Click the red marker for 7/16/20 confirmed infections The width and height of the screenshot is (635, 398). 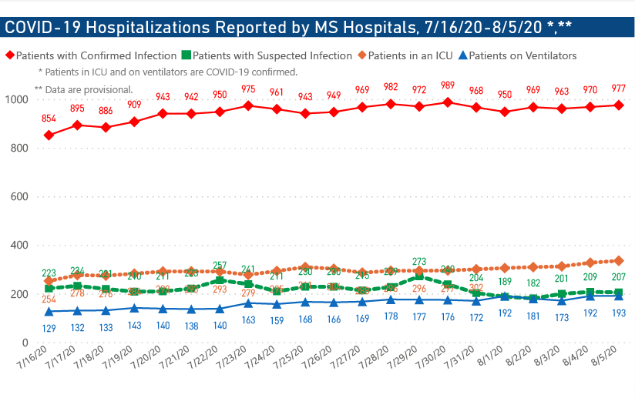tap(49, 135)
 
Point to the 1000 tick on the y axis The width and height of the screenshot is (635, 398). tap(15, 99)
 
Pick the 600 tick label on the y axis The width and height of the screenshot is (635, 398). tap(18, 196)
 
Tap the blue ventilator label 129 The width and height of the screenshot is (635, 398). tap(49, 328)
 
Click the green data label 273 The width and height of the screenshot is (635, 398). tap(419, 262)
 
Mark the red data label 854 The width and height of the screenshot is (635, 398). tap(49, 118)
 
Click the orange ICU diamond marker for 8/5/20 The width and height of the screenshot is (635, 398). tap(618, 261)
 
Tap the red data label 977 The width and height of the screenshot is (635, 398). tap(618, 87)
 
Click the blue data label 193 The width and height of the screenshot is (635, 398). tap(618, 314)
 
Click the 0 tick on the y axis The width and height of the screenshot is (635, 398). tap(25, 343)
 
